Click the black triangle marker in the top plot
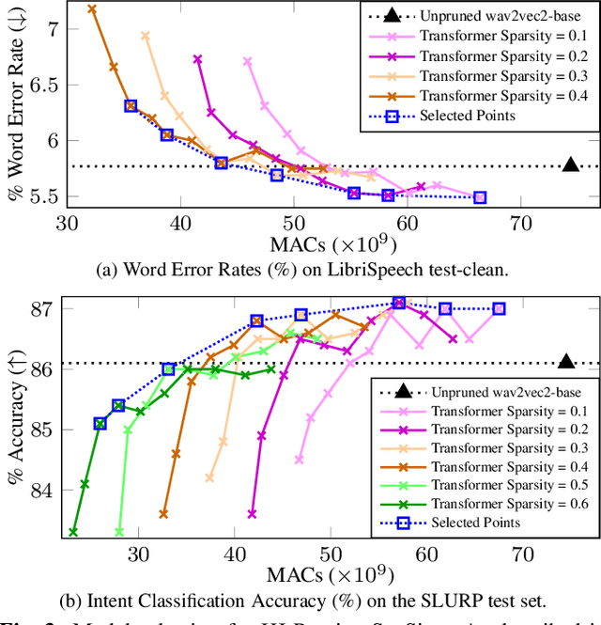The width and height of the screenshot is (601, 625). [x=571, y=165]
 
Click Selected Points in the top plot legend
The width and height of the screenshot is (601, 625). [x=481, y=115]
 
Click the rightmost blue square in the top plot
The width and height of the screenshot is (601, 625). [x=480, y=197]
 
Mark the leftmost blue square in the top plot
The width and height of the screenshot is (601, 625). [x=131, y=106]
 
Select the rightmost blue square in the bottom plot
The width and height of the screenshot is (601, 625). [x=499, y=308]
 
